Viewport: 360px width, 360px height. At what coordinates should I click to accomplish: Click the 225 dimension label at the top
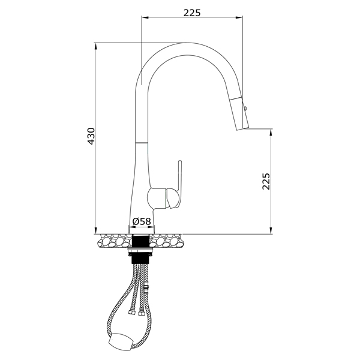(192, 13)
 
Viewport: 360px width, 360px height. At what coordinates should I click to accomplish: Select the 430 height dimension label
(91, 136)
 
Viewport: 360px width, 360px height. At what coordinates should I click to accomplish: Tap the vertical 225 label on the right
(266, 181)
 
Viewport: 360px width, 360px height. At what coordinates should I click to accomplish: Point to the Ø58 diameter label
(142, 221)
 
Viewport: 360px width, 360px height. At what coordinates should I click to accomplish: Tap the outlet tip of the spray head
(242, 128)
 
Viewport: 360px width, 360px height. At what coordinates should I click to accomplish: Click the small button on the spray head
(245, 108)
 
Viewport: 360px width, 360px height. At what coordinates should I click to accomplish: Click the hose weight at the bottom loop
(120, 341)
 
